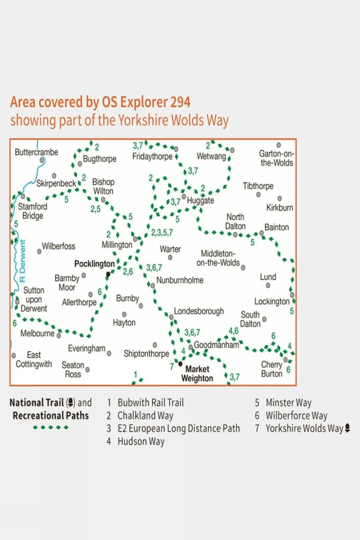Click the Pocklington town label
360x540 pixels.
click(94, 264)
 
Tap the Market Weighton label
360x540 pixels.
click(197, 374)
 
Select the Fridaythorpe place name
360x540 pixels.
click(152, 156)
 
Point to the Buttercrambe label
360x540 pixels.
click(36, 152)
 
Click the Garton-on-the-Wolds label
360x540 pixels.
click(277, 158)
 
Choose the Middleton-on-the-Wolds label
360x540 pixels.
click(218, 258)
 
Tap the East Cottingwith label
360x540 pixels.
click(34, 359)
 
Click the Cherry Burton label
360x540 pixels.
click(272, 369)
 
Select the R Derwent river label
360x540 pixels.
click(23, 261)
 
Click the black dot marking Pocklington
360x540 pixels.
click(108, 274)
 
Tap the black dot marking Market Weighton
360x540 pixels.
click(180, 364)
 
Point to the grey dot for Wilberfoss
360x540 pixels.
click(39, 251)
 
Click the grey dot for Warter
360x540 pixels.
click(170, 257)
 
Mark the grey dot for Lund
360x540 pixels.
click(268, 286)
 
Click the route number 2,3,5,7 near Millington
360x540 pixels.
click(162, 233)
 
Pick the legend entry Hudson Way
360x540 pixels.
click(141, 441)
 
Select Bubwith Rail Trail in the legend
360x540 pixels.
click(151, 403)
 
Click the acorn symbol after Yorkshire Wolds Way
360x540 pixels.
click(348, 428)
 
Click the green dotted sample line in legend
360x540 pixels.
click(51, 427)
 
